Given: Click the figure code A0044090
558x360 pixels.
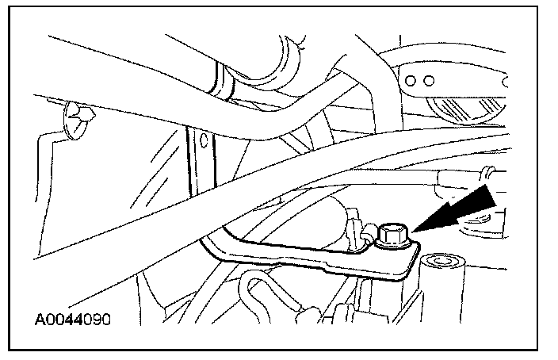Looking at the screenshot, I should point(72,320).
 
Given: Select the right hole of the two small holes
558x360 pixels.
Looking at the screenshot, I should point(430,80).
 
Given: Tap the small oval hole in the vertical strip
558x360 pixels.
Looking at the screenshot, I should point(203,142).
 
